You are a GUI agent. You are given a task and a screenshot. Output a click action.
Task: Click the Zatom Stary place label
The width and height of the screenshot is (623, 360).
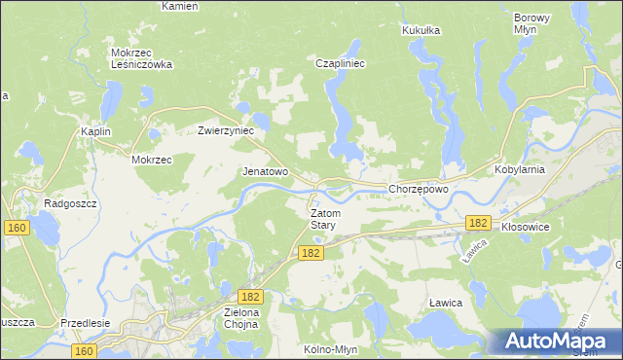coord(322,218)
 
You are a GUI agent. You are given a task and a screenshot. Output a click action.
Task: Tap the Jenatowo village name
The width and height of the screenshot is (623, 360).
coord(265,171)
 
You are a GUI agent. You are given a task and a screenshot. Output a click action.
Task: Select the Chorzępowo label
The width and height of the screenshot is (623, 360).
coord(418,189)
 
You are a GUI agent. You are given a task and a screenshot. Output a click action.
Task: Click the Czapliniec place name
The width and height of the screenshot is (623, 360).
coord(340,63)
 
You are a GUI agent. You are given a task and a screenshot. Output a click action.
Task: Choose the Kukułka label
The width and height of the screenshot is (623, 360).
coord(421,30)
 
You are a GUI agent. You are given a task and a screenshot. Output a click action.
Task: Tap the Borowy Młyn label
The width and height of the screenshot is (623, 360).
coord(531,23)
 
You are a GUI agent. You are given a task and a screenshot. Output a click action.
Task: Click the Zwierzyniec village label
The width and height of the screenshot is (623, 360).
coord(226,129)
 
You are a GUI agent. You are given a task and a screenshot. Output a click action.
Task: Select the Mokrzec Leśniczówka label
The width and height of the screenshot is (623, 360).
coord(141,58)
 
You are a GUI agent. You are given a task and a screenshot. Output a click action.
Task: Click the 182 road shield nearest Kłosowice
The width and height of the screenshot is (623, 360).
coord(476,223)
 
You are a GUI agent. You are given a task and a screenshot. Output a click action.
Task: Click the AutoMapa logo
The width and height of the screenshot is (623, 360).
coord(559,342)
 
